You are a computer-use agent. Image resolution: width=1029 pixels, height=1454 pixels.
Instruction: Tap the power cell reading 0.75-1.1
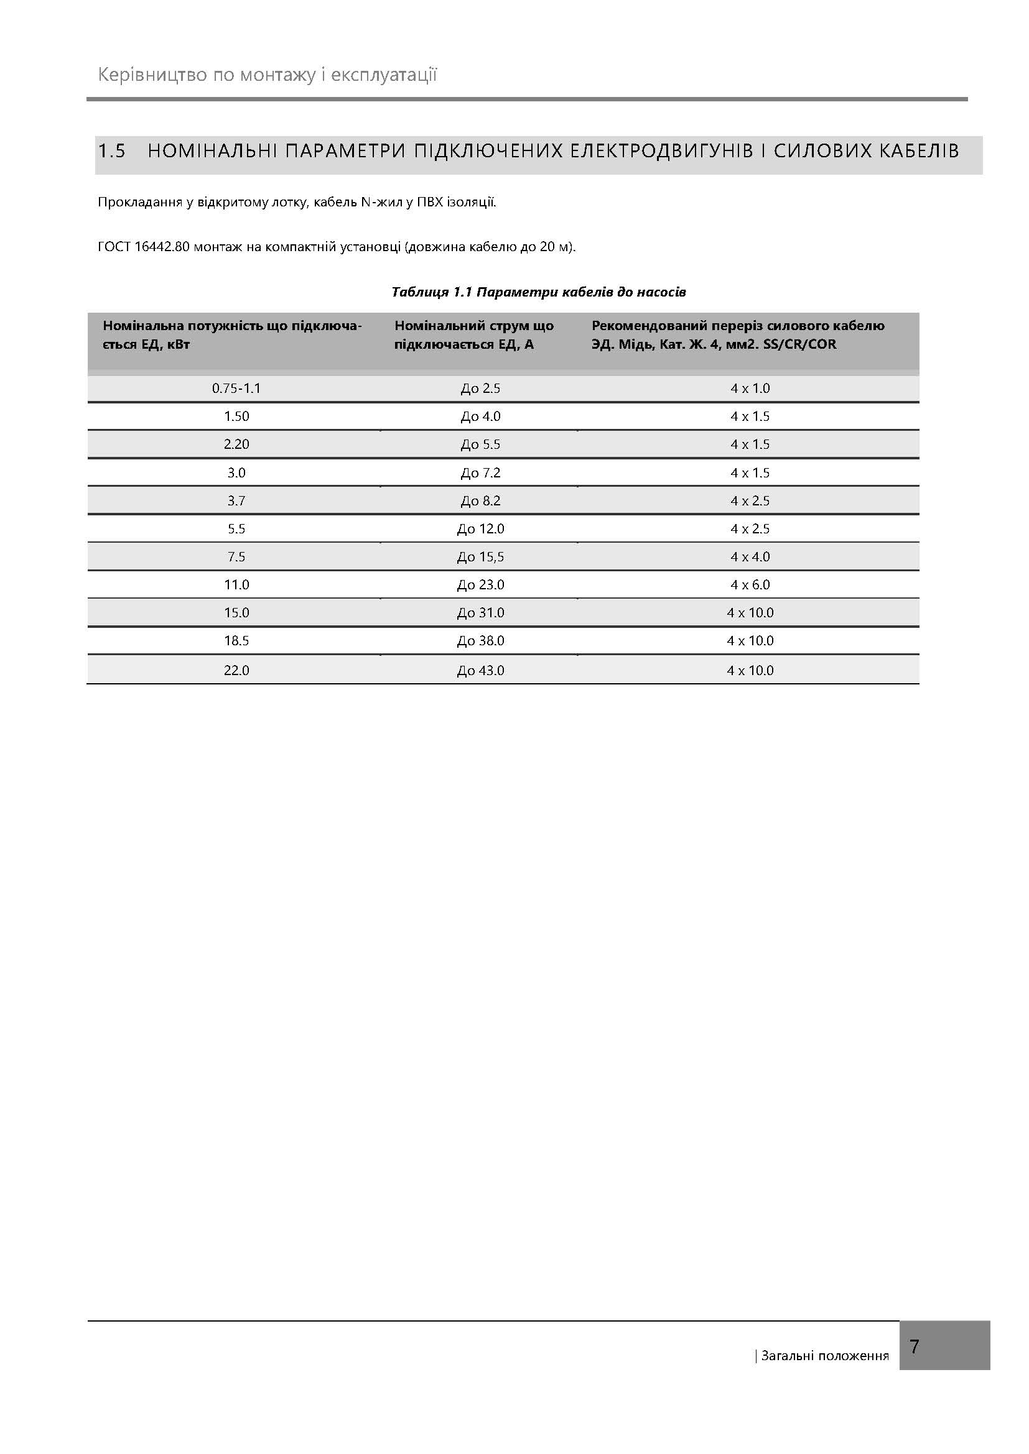(236, 388)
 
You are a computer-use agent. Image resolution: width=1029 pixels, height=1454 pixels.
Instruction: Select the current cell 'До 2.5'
(480, 388)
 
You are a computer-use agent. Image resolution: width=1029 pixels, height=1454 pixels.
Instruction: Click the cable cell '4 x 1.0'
(750, 388)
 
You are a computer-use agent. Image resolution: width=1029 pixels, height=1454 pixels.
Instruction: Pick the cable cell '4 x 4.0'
(750, 556)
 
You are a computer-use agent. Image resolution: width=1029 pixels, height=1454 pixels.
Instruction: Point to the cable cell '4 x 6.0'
(750, 584)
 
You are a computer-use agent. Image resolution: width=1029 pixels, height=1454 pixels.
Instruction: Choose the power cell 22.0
(236, 670)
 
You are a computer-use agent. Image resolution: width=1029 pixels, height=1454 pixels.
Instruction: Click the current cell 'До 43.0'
(480, 670)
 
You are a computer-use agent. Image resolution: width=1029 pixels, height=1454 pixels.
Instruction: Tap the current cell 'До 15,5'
(480, 556)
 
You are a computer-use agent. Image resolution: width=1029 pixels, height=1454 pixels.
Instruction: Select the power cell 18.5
(236, 640)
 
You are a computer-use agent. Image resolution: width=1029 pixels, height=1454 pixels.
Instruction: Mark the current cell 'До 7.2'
(480, 472)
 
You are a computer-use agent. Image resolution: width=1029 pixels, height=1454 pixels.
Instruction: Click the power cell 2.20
(236, 444)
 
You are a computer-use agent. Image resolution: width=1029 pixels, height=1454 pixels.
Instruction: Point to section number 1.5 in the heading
(111, 151)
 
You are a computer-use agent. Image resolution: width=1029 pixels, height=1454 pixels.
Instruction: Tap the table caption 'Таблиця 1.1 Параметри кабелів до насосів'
(539, 292)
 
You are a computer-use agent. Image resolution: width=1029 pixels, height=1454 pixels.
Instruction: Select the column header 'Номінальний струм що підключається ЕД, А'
(474, 335)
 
